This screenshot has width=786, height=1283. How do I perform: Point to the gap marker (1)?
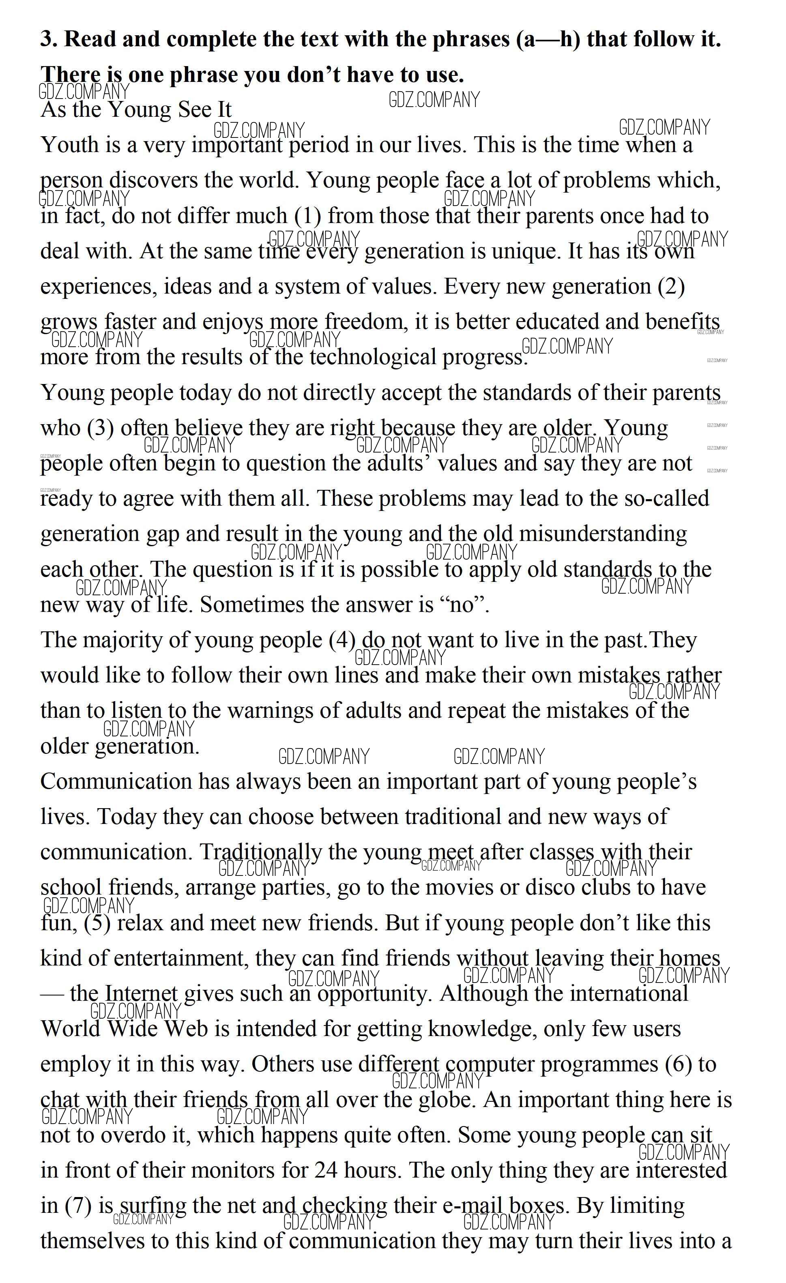308,216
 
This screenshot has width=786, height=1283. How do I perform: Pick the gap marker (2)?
671,286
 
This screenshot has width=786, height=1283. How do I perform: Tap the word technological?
372,357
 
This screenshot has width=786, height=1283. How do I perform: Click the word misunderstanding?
603,534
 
